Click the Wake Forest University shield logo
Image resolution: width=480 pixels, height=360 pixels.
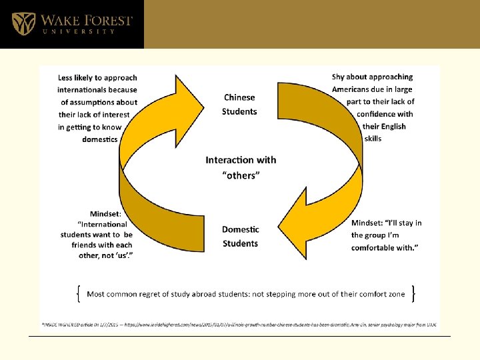pyautogui.click(x=24, y=23)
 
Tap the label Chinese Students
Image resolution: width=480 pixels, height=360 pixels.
pyautogui.click(x=239, y=105)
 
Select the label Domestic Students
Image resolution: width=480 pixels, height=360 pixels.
pyautogui.click(x=240, y=236)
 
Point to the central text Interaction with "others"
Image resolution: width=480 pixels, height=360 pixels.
pyautogui.click(x=241, y=167)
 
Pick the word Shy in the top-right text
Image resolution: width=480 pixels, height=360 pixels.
pyautogui.click(x=339, y=77)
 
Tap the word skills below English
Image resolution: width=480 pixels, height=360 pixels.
pyautogui.click(x=373, y=139)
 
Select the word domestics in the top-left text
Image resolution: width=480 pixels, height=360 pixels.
pyautogui.click(x=100, y=139)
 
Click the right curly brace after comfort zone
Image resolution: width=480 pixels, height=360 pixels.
pyautogui.click(x=415, y=293)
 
